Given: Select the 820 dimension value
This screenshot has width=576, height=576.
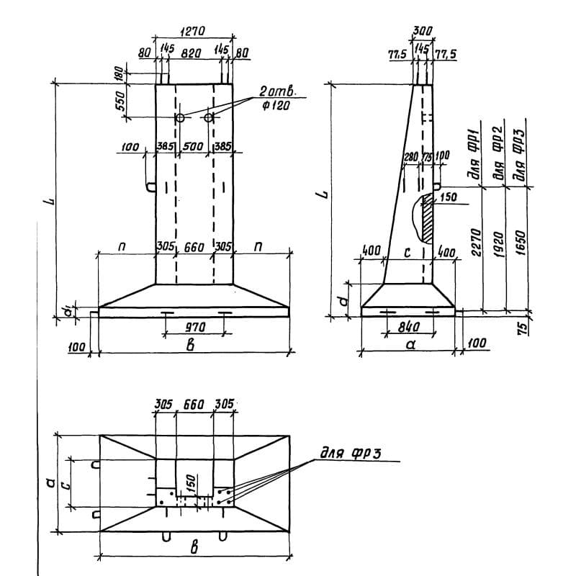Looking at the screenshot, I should pos(192,53).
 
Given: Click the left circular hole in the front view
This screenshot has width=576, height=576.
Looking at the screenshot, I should pos(180,117).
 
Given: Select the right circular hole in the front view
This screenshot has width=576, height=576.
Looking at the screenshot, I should pos(208,117).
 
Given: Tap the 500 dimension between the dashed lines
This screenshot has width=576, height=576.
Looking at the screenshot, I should pos(193,147).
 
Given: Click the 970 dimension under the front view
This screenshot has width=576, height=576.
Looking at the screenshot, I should pos(194,326).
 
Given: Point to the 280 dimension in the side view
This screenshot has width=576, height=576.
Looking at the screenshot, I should pos(411,157).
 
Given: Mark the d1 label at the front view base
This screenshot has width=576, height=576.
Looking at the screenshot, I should pos(66,311).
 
